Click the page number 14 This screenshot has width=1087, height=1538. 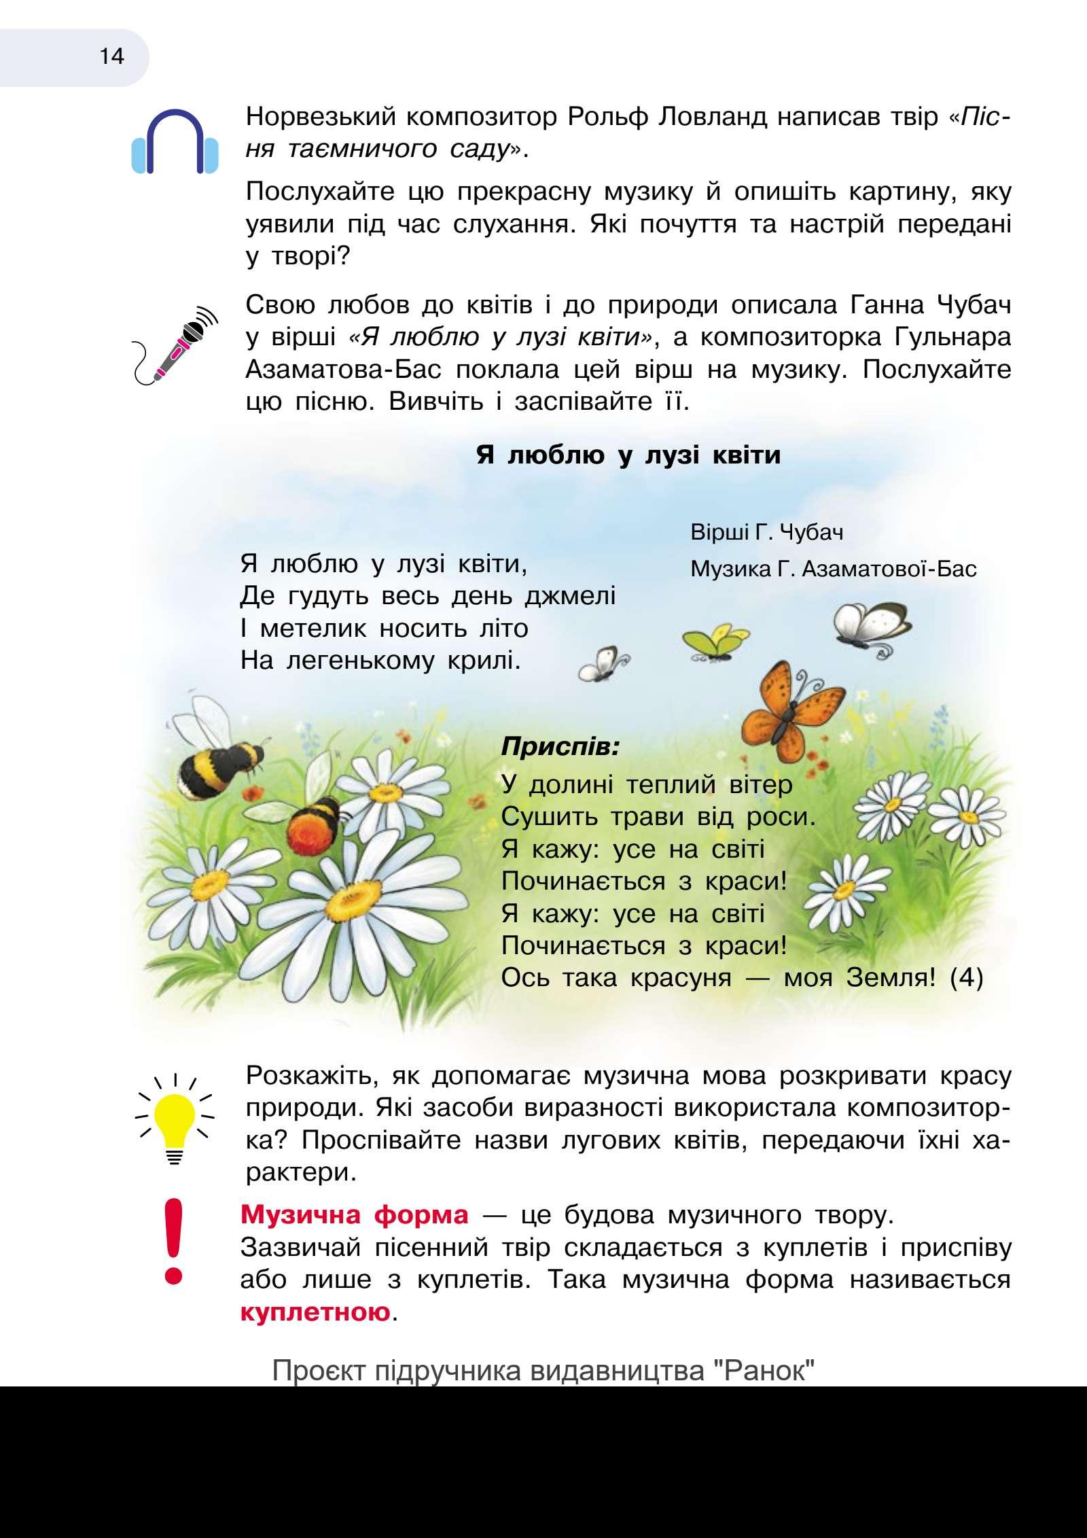(x=112, y=56)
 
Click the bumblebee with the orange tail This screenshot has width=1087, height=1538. (x=314, y=820)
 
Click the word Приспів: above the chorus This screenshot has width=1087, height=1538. (x=560, y=748)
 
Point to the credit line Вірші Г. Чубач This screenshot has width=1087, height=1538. (x=767, y=532)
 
